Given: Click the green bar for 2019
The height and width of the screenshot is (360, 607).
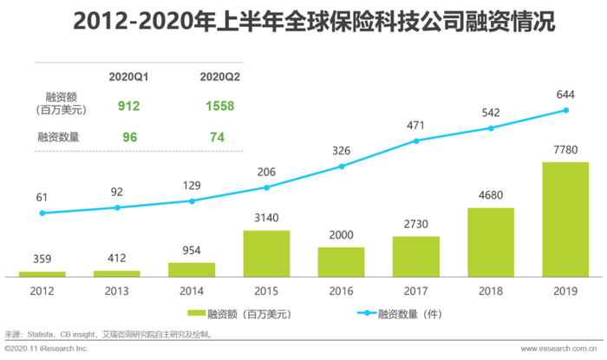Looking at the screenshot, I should [566, 219].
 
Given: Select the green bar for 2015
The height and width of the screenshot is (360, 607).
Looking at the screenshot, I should [266, 253].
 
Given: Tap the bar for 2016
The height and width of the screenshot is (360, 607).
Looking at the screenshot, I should [341, 261].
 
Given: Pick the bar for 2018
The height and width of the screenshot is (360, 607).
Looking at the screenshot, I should [491, 242].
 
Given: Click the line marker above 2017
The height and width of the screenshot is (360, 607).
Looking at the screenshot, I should [416, 140].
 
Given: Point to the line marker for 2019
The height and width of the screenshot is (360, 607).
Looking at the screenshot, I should [566, 110].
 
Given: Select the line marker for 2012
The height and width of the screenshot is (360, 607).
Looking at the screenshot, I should [42, 213].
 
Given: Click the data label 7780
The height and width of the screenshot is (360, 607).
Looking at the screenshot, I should [566, 150].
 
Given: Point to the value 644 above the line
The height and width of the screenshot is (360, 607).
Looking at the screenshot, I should [566, 94].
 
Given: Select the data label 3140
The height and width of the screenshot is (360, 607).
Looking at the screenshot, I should [266, 219].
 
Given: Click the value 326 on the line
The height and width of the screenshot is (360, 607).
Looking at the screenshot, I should [341, 151].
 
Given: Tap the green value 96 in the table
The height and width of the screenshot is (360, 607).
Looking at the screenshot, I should [128, 136].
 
